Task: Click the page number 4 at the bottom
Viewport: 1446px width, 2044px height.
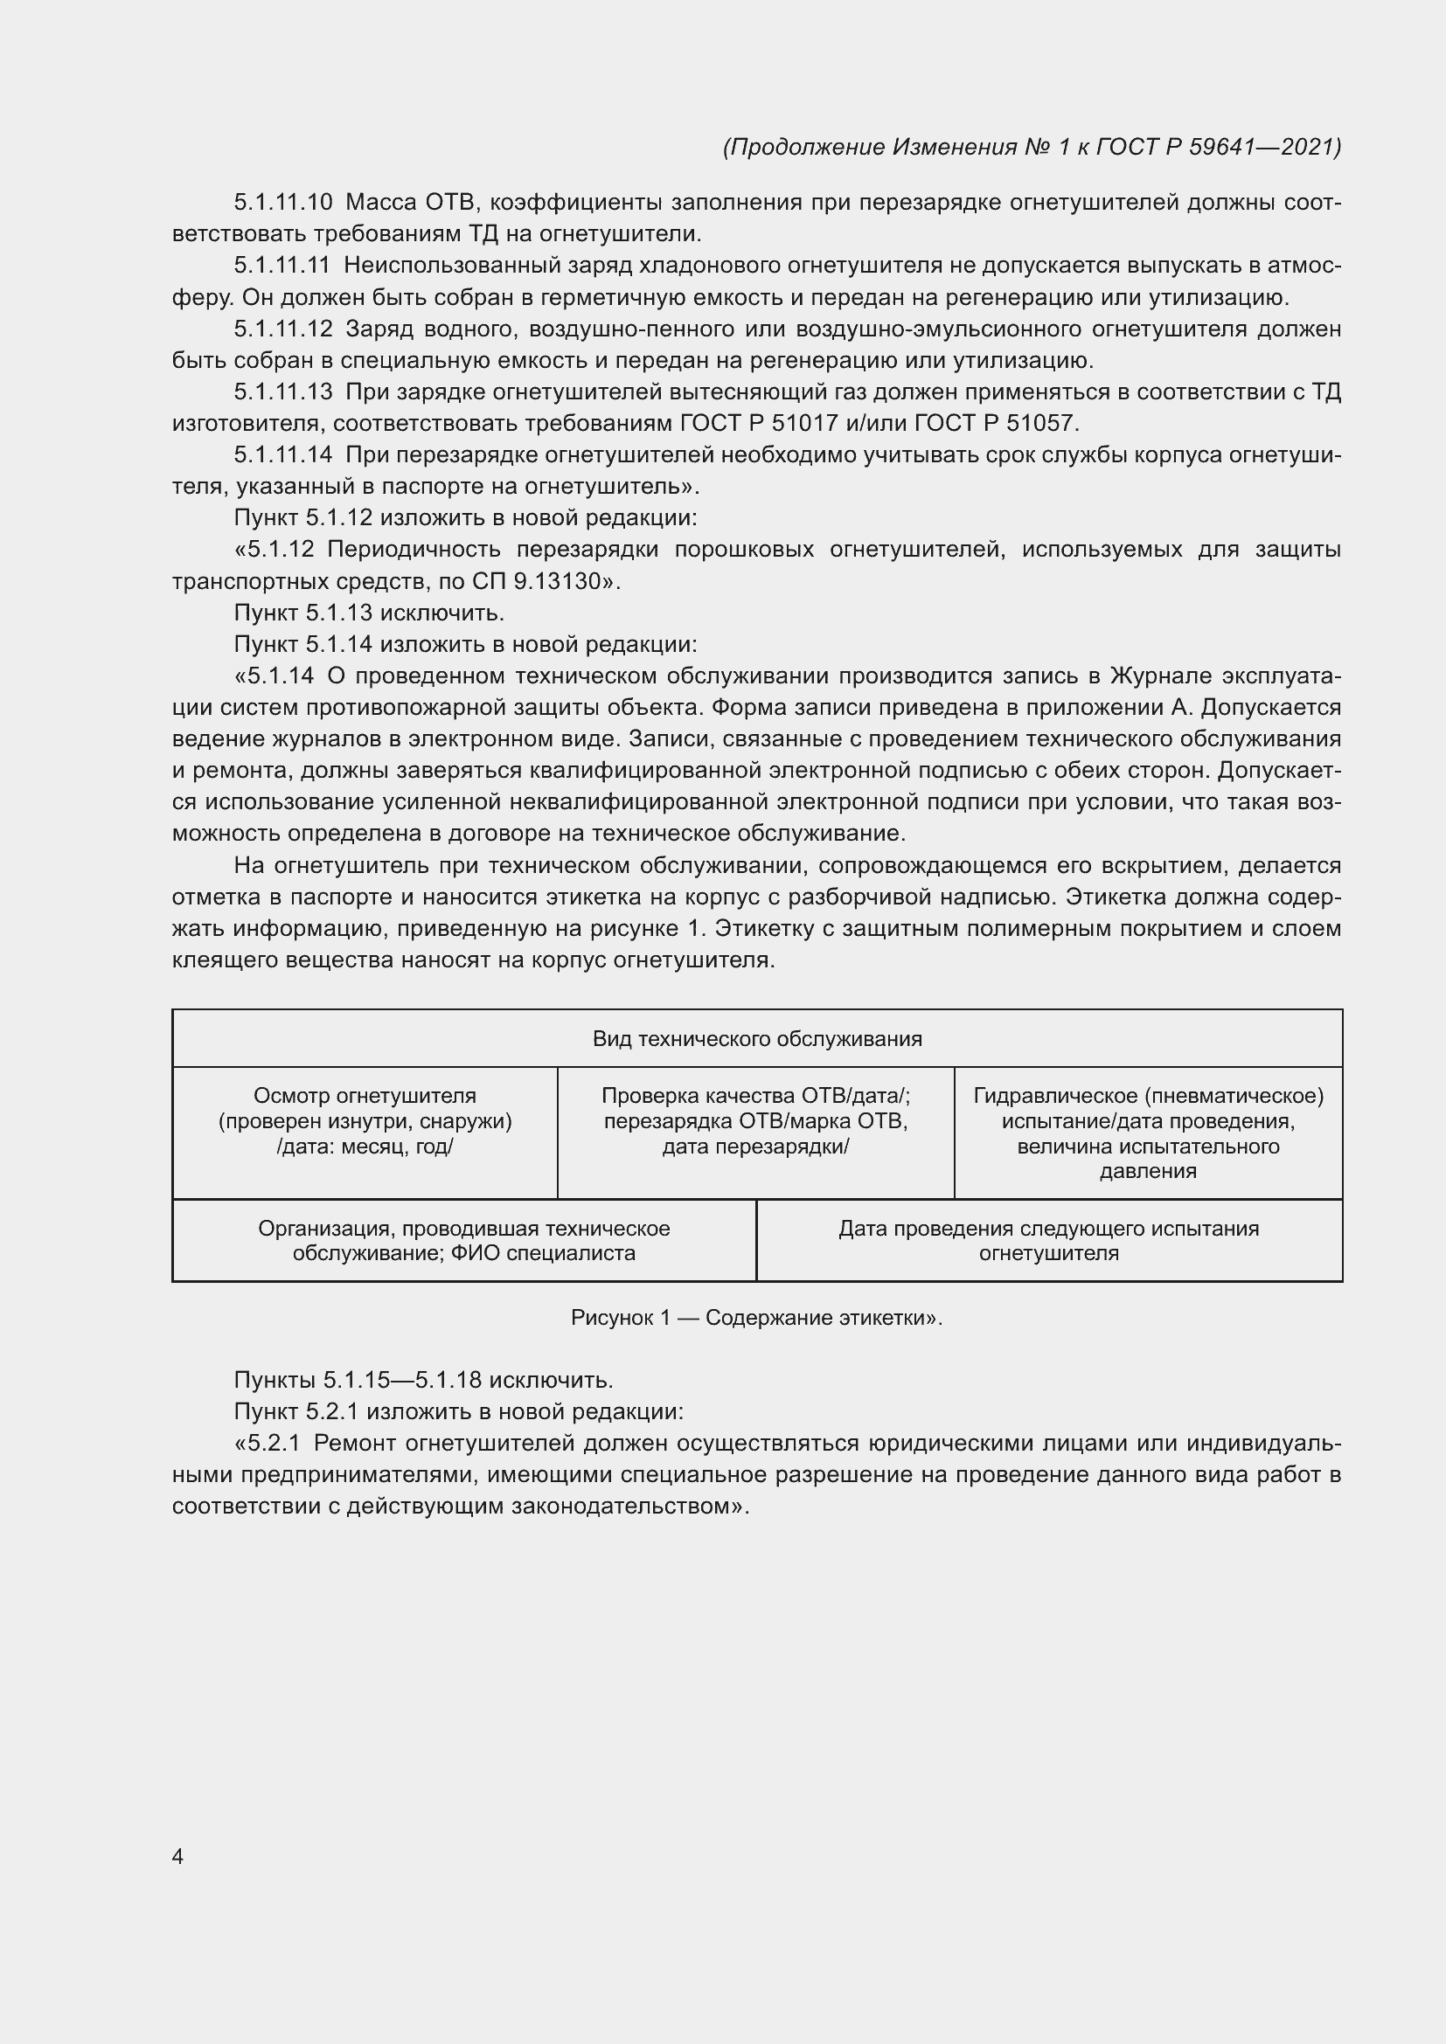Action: [177, 1856]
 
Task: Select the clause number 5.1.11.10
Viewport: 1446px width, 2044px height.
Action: [282, 203]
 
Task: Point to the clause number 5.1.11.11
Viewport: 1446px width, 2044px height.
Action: [282, 266]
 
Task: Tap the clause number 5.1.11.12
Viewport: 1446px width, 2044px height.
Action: [282, 329]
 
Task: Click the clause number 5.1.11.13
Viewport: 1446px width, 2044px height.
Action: [282, 391]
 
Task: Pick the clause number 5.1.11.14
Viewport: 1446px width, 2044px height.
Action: [282, 455]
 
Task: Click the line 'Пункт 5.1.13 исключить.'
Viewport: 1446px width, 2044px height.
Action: [369, 613]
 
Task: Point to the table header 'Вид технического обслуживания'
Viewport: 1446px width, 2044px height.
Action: [757, 1039]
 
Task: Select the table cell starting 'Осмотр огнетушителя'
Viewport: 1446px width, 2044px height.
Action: [365, 1121]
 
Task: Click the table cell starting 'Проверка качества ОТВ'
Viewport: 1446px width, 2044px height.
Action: [755, 1121]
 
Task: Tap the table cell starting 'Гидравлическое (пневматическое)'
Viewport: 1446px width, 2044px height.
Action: [1148, 1133]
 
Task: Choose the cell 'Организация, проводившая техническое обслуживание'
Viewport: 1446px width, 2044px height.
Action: [464, 1240]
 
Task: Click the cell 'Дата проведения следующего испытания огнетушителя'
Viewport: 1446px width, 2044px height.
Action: [1048, 1240]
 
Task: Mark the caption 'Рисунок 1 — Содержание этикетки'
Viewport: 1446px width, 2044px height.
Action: [756, 1318]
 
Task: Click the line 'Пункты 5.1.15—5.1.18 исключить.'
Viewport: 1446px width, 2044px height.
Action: [423, 1380]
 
